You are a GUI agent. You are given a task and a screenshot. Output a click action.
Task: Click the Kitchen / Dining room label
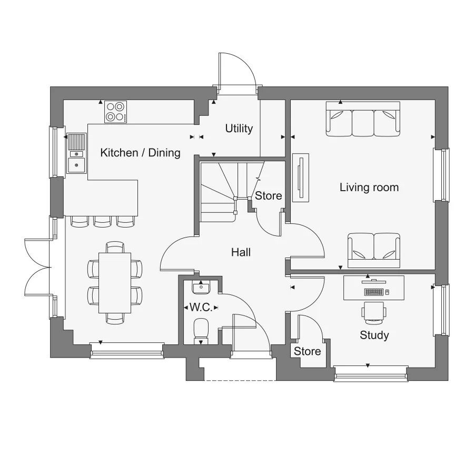click(140, 153)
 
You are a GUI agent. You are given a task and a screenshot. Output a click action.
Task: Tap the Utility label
click(239, 128)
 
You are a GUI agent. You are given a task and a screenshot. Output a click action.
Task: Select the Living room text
click(369, 187)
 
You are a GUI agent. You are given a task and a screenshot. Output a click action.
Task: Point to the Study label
click(374, 335)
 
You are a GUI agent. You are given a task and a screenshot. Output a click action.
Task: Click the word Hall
click(241, 252)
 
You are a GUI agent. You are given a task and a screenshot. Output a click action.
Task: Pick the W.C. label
click(201, 307)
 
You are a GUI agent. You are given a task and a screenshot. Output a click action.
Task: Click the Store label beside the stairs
click(269, 195)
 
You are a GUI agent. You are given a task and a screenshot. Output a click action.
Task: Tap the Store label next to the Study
click(307, 351)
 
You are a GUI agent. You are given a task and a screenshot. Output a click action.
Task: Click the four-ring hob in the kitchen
click(116, 112)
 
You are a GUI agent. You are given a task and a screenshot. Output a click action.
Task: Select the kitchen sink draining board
click(77, 142)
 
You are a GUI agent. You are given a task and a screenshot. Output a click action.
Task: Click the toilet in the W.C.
click(201, 330)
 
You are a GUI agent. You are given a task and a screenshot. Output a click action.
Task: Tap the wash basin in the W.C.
click(201, 288)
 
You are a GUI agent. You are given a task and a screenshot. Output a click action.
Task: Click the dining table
click(115, 282)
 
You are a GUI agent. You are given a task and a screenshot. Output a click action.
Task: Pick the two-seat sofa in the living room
click(373, 246)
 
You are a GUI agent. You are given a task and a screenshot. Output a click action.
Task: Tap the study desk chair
click(373, 311)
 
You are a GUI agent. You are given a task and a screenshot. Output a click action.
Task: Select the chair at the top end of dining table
click(115, 246)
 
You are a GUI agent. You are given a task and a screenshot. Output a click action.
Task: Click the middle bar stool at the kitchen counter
click(102, 222)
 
